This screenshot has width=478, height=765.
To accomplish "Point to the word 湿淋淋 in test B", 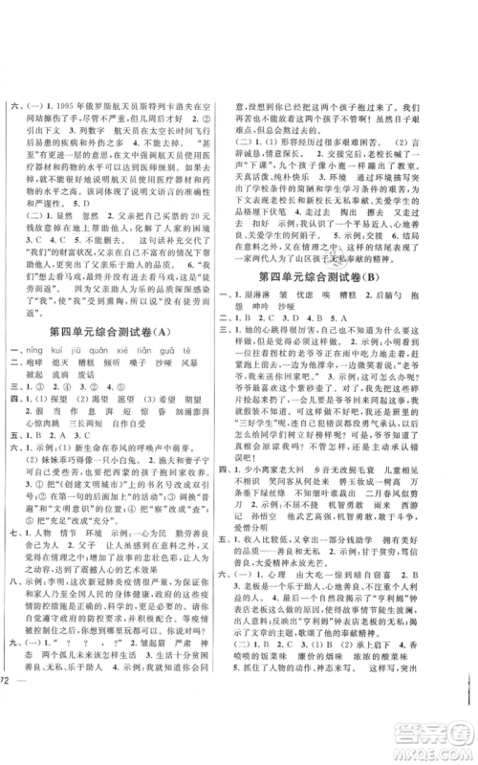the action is pos(282,272).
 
